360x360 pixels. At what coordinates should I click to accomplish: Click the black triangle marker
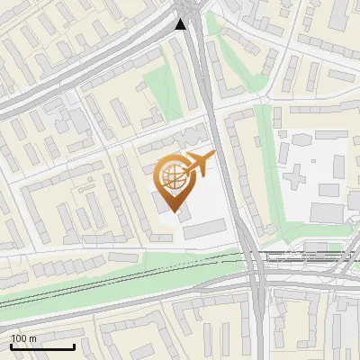click(181, 23)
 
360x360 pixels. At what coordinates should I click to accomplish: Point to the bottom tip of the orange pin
click(174, 215)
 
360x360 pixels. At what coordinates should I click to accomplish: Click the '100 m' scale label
click(23, 338)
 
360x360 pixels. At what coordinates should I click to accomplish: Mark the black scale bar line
click(42, 346)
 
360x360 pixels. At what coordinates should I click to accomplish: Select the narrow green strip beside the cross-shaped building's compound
click(264, 162)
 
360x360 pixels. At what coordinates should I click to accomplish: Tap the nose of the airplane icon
click(213, 156)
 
